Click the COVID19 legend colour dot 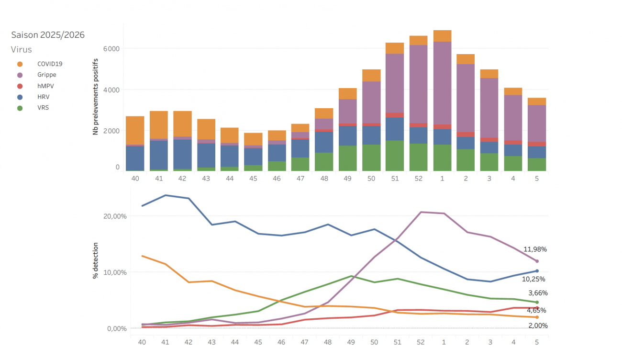click(20, 64)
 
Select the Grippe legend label click(47, 75)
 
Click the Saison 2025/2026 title click(48, 35)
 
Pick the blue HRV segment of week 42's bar click(182, 154)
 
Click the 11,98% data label click(535, 249)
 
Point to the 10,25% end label click(533, 279)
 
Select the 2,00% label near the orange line click(538, 326)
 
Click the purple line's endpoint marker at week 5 click(537, 261)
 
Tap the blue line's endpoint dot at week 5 click(537, 271)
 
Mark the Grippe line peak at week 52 click(421, 212)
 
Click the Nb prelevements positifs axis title click(96, 96)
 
